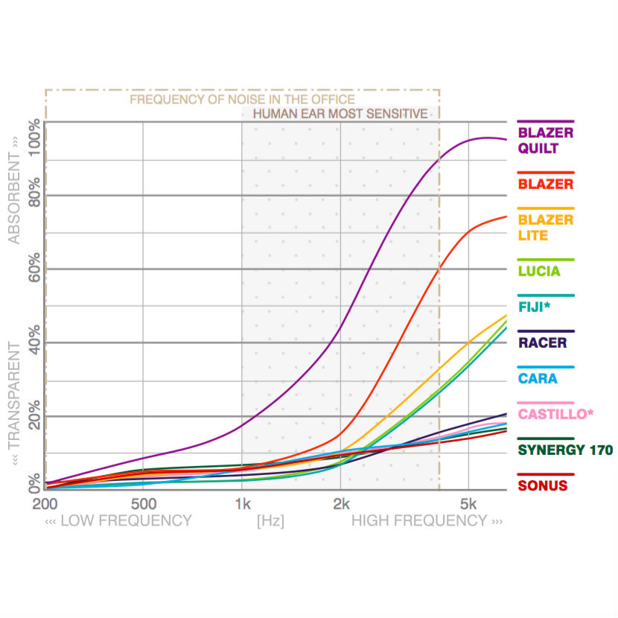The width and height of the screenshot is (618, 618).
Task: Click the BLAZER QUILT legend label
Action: coord(545,140)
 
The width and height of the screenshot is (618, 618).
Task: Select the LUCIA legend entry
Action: coord(538,271)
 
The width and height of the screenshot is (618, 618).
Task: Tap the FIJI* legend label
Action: coord(535,307)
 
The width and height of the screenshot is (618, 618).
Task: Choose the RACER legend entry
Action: coord(542,343)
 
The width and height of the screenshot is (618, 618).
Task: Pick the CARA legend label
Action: coord(538,378)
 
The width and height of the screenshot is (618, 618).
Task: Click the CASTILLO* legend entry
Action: coord(556,414)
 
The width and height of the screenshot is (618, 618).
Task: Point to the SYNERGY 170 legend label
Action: coord(565,450)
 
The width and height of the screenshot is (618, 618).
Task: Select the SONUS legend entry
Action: coord(543,485)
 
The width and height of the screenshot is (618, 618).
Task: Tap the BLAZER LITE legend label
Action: coord(545,227)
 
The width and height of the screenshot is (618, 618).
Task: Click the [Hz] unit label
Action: coord(270,521)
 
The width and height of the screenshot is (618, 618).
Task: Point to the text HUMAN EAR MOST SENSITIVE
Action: coord(340,114)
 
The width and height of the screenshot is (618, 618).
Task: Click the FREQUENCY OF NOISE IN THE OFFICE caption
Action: coord(242,99)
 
